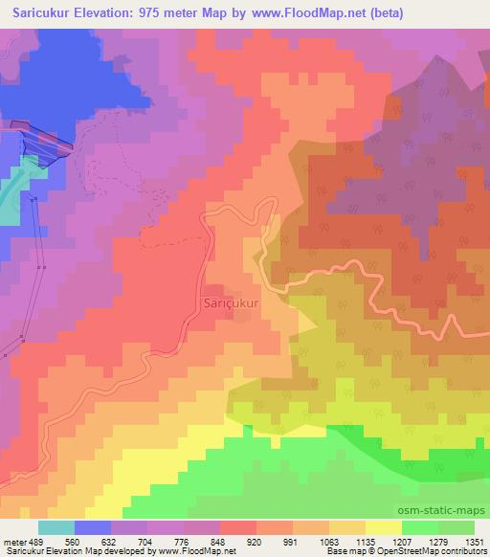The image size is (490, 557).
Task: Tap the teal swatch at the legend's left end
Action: [56, 527]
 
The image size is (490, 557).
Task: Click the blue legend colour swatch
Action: [93, 527]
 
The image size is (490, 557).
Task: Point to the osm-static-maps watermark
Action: [450, 511]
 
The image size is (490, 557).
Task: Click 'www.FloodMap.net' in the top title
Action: [291, 13]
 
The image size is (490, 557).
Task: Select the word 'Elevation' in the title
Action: [104, 13]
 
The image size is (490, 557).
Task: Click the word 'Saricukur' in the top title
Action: [36, 13]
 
